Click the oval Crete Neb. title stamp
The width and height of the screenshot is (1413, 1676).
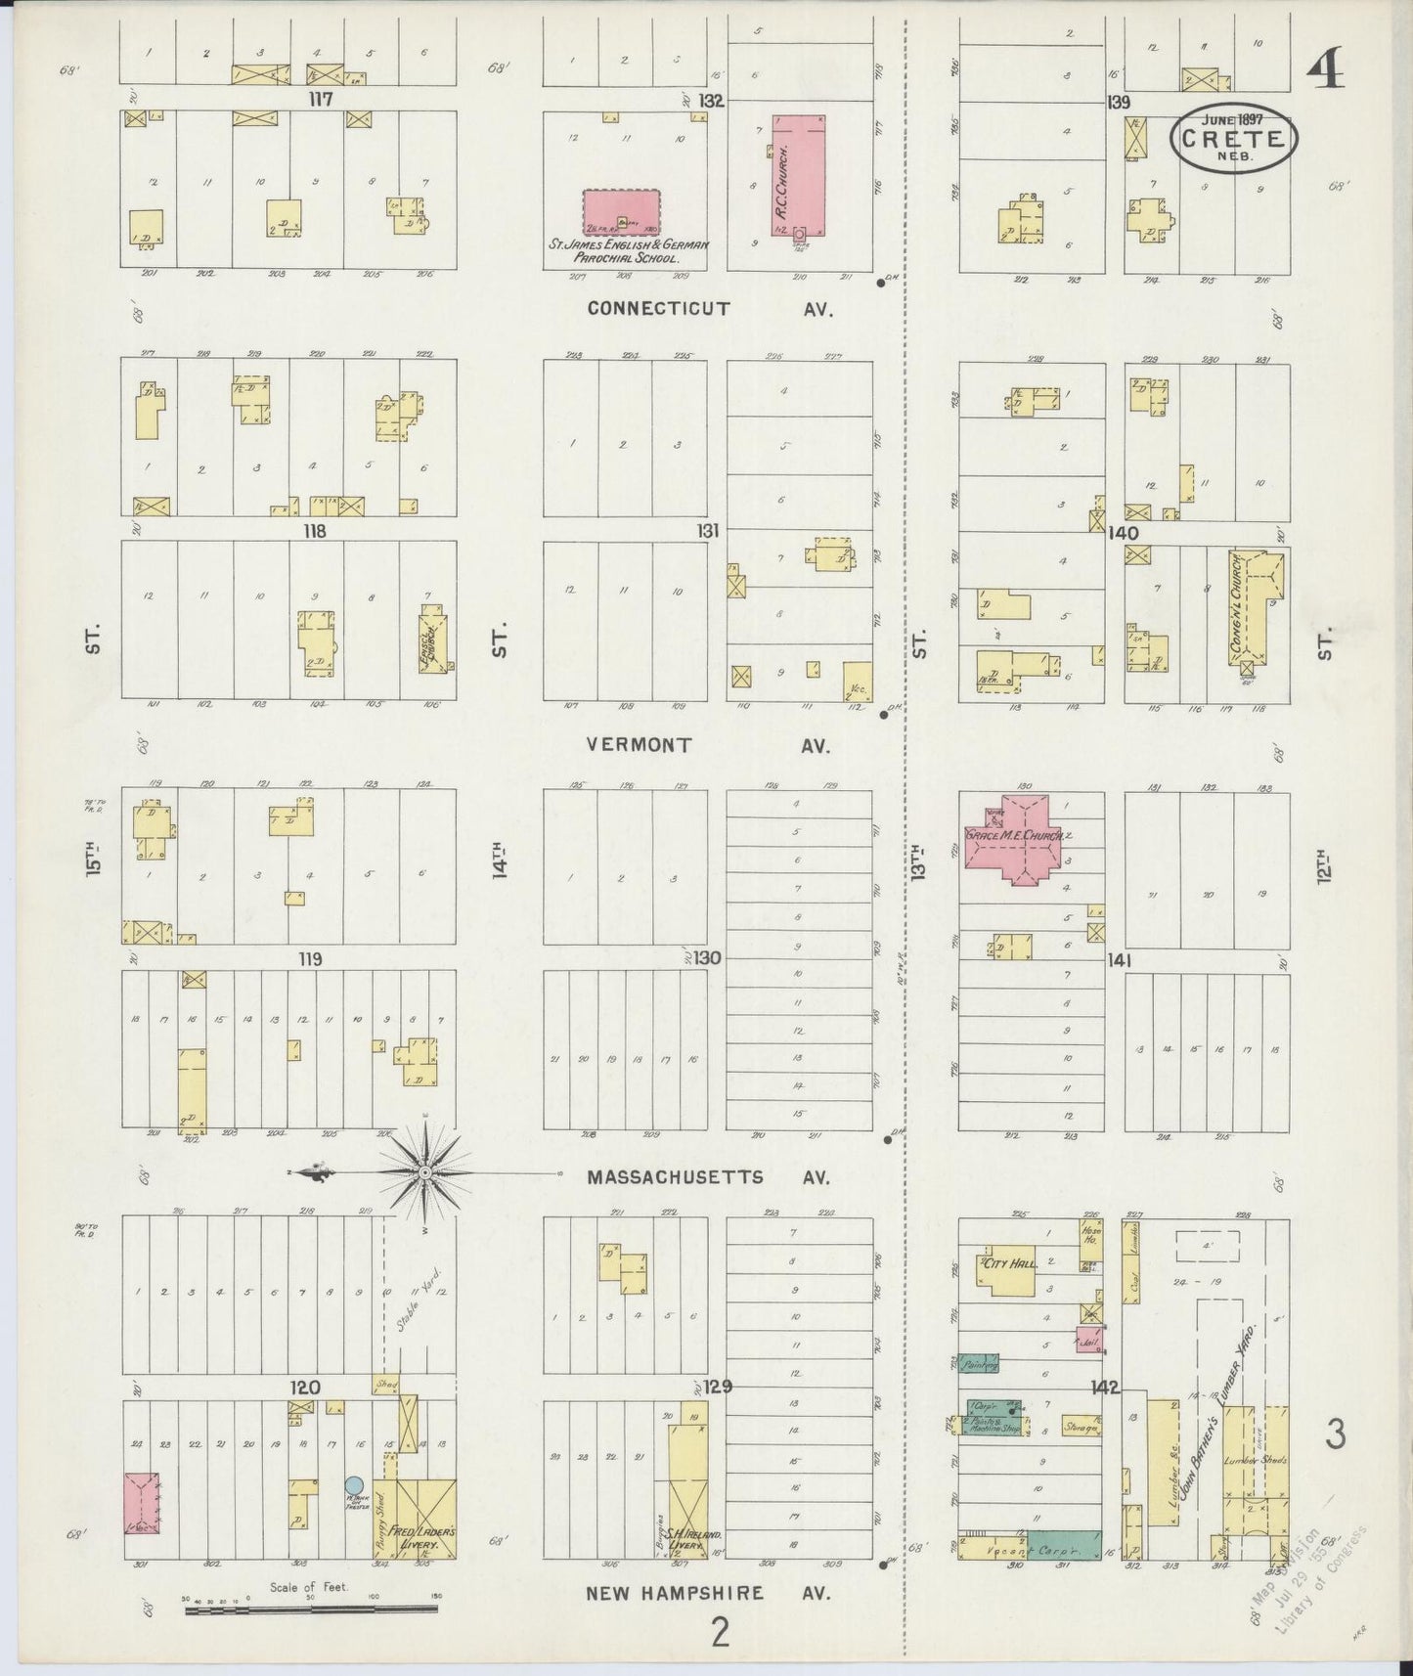pos(1234,138)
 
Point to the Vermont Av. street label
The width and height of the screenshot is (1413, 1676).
pos(707,745)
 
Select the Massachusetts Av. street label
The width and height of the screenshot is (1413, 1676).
pos(707,1178)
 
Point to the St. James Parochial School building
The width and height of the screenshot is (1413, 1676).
pos(621,212)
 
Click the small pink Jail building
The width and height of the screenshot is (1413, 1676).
pos(1089,1341)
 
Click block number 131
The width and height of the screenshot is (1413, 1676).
pos(708,531)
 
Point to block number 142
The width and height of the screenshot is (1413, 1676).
pos(1106,1388)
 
